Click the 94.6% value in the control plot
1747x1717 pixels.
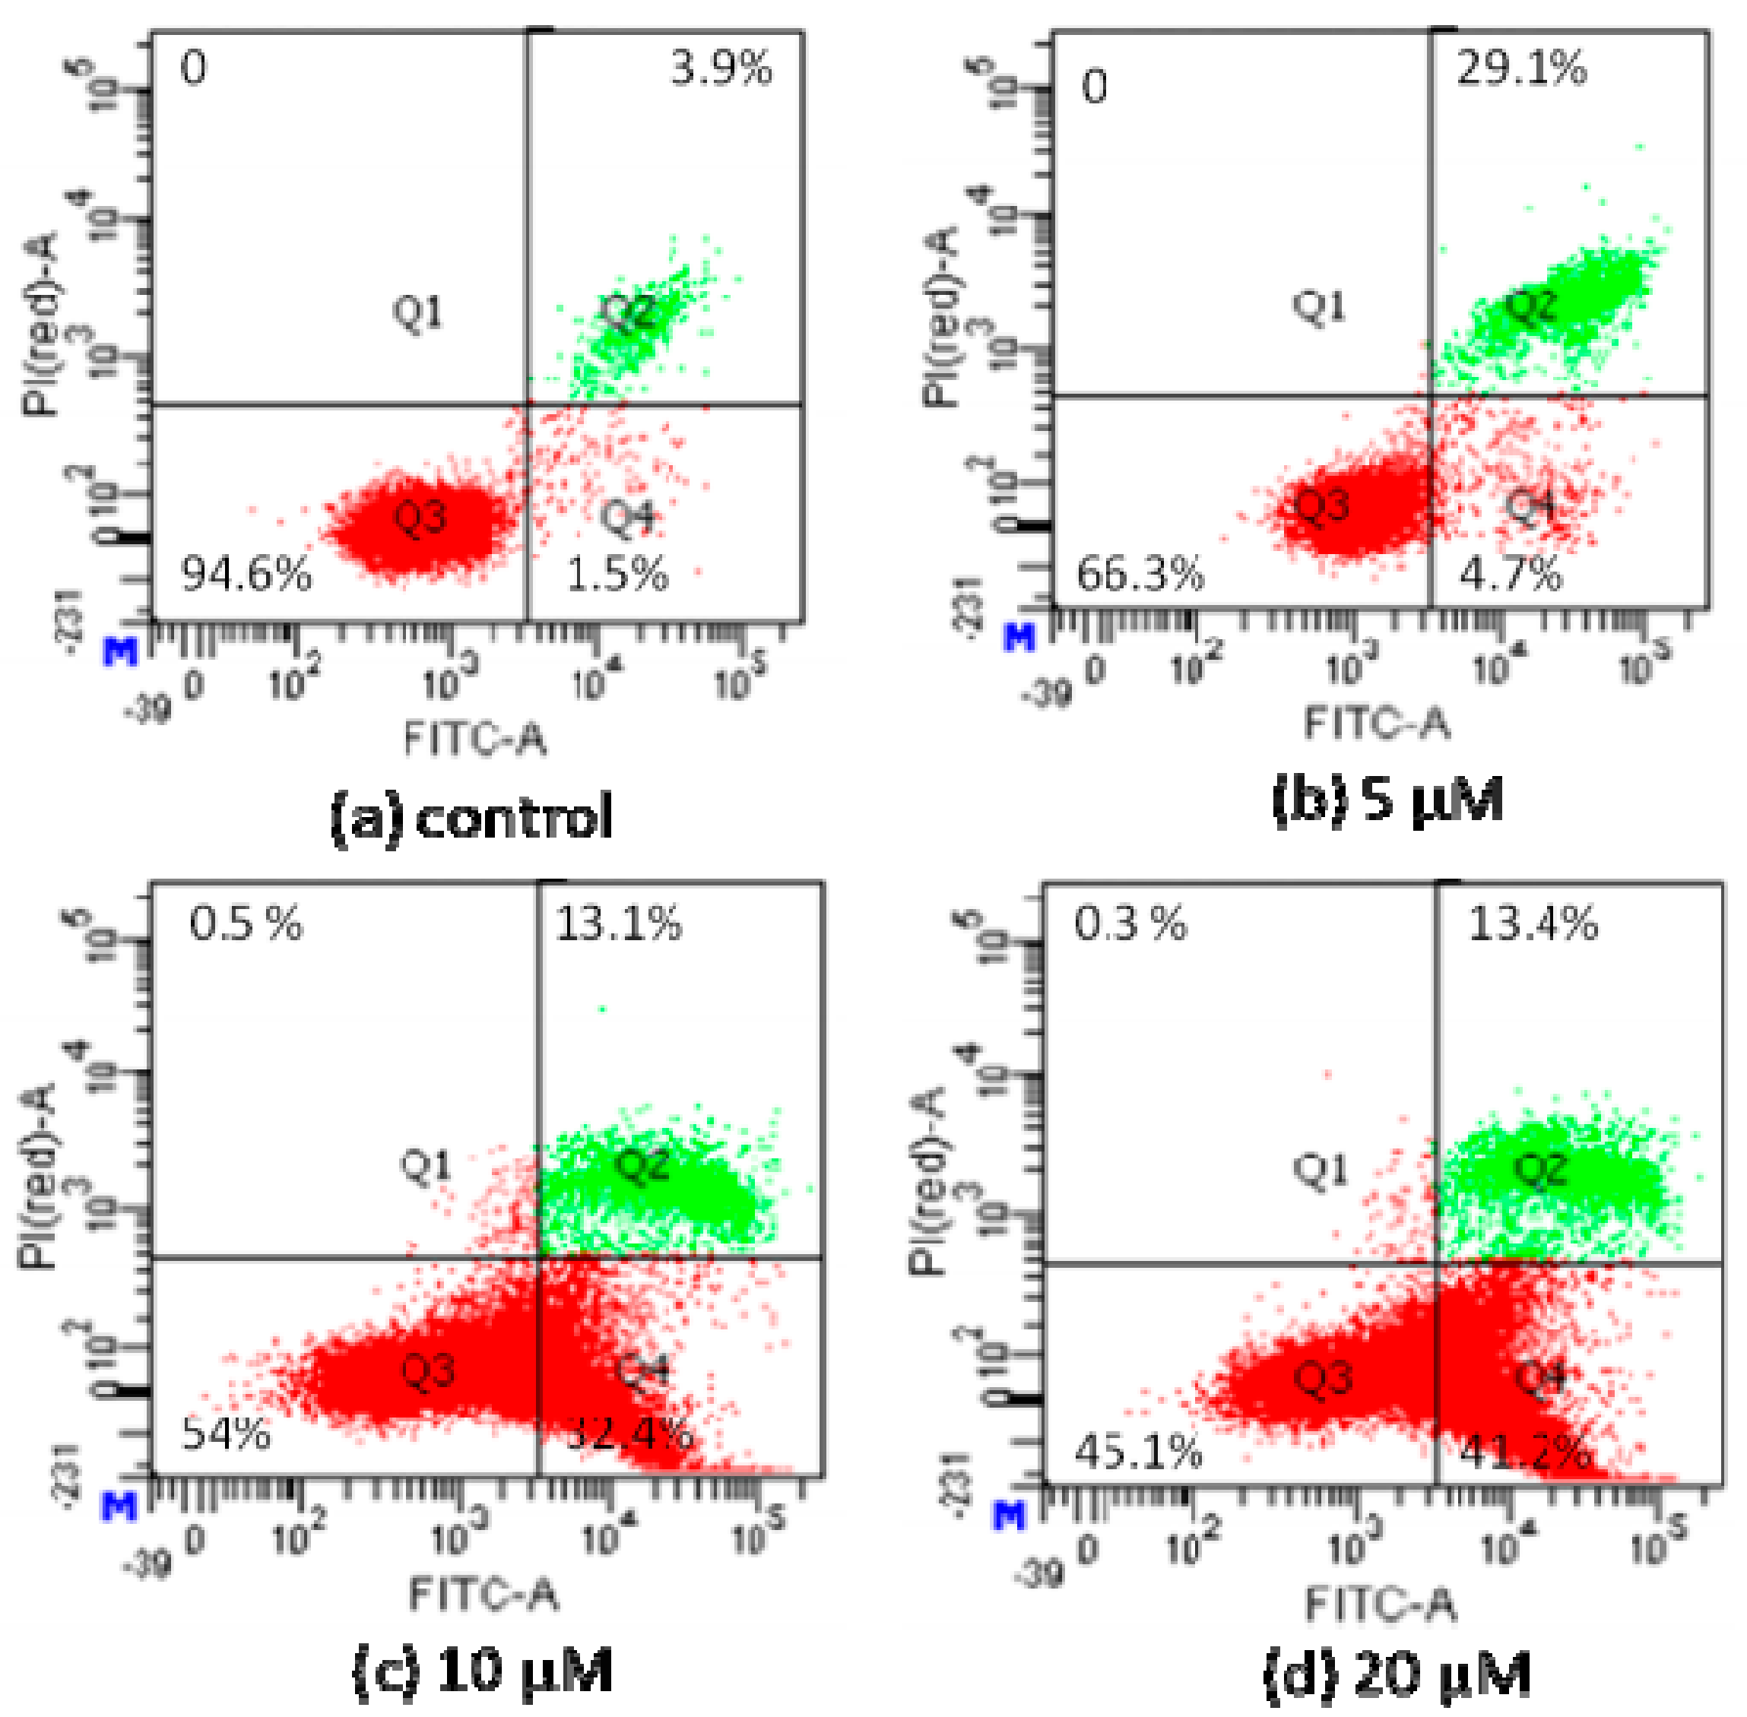[246, 574]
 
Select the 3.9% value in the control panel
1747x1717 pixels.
[721, 68]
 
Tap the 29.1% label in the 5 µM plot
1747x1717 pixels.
[1520, 68]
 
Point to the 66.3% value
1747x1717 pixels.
[1140, 574]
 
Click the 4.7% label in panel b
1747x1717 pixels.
[1510, 574]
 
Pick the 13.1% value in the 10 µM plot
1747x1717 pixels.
[619, 924]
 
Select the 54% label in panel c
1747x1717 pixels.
[226, 1433]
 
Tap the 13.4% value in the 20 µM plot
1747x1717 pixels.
[1533, 924]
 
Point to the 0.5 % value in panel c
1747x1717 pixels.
[246, 924]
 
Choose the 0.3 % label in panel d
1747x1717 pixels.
[1130, 924]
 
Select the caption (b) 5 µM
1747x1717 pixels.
[1387, 799]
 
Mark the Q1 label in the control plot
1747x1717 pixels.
[417, 313]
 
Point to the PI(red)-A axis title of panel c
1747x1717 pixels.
[38, 1176]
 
